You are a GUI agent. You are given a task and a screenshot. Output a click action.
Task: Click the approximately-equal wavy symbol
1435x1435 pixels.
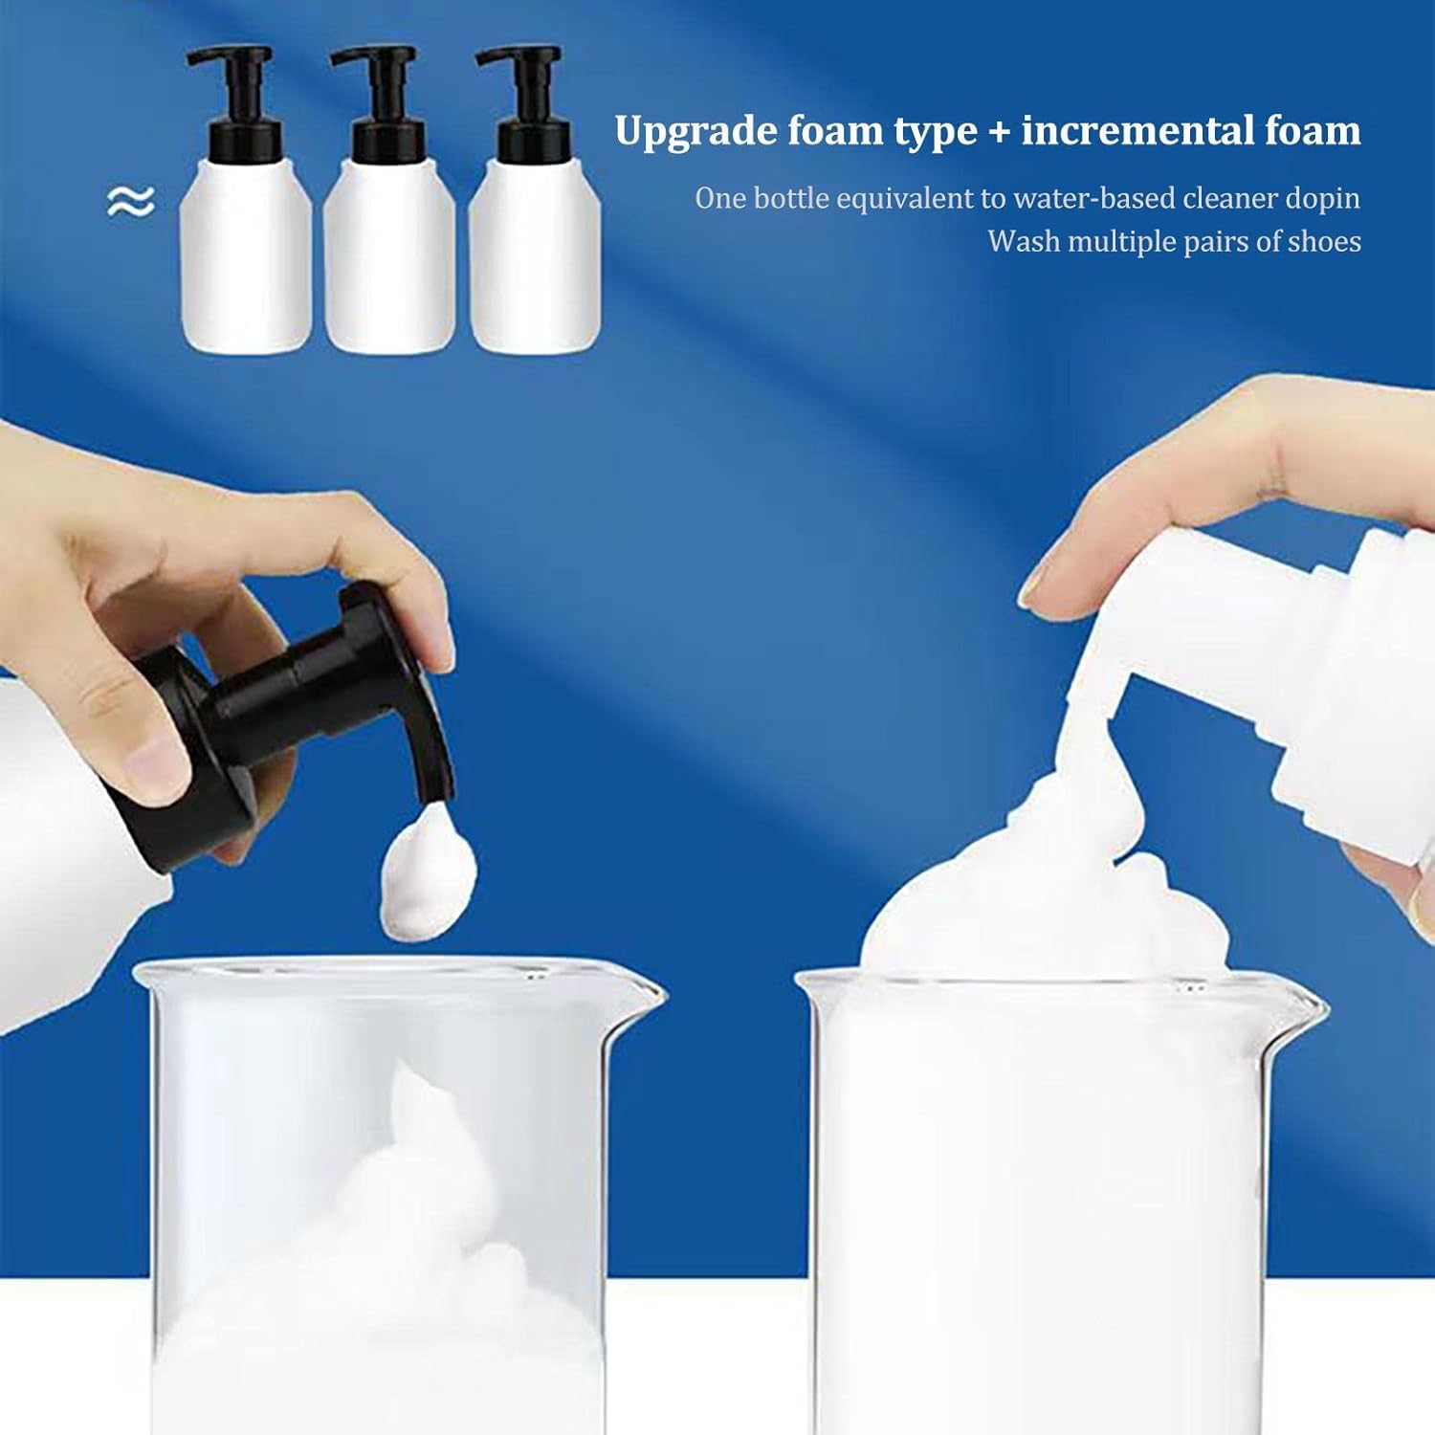(x=130, y=201)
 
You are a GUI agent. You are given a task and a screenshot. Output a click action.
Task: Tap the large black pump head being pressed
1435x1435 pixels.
(x=287, y=727)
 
